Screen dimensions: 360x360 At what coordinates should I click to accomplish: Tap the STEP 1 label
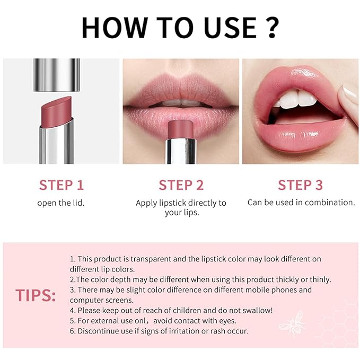click(x=61, y=185)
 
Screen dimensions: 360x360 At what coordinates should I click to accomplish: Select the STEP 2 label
click(x=181, y=185)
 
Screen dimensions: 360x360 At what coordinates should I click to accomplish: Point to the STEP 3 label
click(x=301, y=185)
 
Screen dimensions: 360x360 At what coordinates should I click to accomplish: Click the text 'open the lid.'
click(x=61, y=203)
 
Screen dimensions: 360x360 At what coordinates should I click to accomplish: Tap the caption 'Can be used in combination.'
click(x=301, y=203)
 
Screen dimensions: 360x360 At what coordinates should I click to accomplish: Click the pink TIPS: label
click(x=36, y=295)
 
